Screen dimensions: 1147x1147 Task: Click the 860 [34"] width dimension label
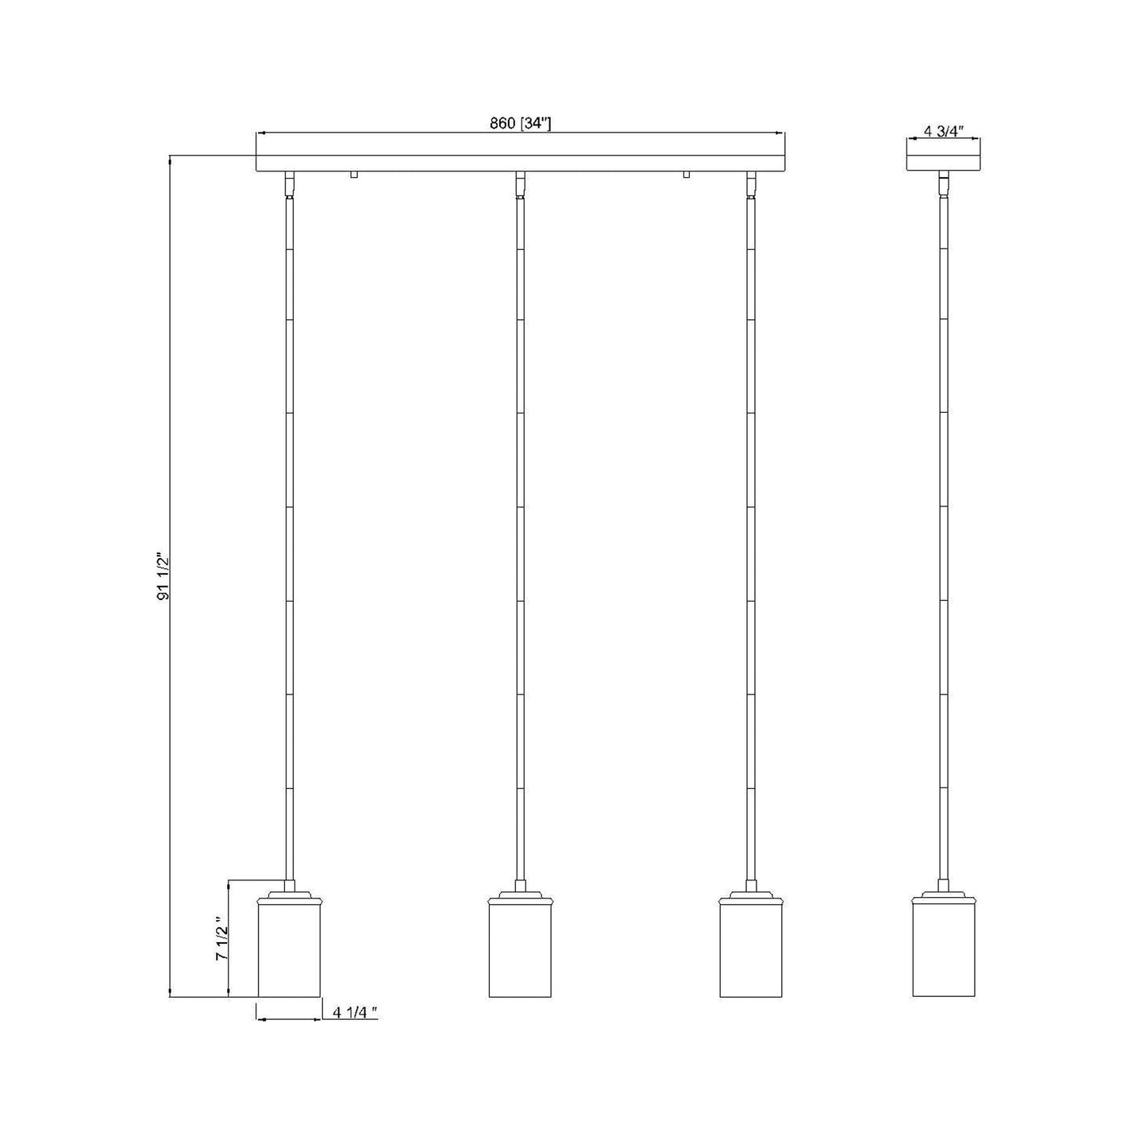click(x=520, y=123)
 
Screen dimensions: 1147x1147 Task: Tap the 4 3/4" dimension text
click(x=943, y=132)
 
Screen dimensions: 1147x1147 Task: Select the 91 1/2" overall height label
click(x=164, y=575)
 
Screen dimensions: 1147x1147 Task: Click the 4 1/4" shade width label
click(x=355, y=1012)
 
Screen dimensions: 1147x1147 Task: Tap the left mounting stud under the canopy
click(x=354, y=175)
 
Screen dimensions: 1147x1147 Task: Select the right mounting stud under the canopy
click(x=686, y=175)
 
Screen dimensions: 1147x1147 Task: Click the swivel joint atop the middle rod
click(x=520, y=184)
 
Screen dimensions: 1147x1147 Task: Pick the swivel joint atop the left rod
click(x=290, y=184)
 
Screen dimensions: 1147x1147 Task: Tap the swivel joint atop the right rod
click(x=751, y=184)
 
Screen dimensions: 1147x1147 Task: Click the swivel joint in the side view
click(x=943, y=184)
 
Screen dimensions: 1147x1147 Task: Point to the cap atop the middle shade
click(x=520, y=897)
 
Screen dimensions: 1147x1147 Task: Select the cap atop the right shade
click(x=751, y=897)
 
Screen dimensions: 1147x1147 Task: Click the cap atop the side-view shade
click(x=944, y=897)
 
